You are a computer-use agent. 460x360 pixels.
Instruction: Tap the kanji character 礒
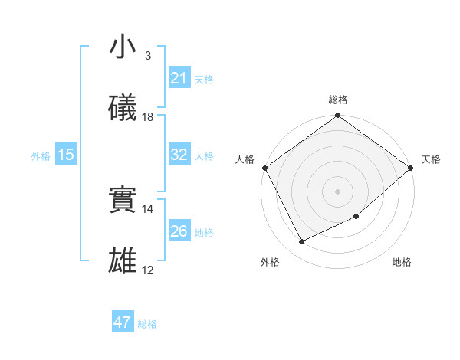click(123, 108)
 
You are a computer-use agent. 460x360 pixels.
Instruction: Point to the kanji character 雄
click(123, 261)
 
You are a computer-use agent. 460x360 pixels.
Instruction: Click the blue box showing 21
click(179, 78)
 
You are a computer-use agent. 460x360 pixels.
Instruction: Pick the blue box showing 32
click(179, 155)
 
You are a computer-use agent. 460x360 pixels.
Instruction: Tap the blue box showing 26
click(179, 231)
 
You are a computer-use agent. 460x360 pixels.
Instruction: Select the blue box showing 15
click(66, 155)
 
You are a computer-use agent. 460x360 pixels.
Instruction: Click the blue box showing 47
click(123, 322)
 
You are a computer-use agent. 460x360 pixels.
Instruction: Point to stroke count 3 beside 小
click(147, 56)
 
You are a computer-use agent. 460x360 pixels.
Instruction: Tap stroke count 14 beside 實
click(148, 208)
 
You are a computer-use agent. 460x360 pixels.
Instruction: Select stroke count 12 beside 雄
click(148, 270)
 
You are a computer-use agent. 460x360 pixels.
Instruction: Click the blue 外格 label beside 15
click(41, 155)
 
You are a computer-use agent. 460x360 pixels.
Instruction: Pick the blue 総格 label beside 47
click(147, 323)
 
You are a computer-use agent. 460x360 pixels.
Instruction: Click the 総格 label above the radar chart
click(338, 100)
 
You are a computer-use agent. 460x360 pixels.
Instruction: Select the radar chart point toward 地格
click(356, 217)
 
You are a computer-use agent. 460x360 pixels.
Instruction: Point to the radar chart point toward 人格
click(264, 168)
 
